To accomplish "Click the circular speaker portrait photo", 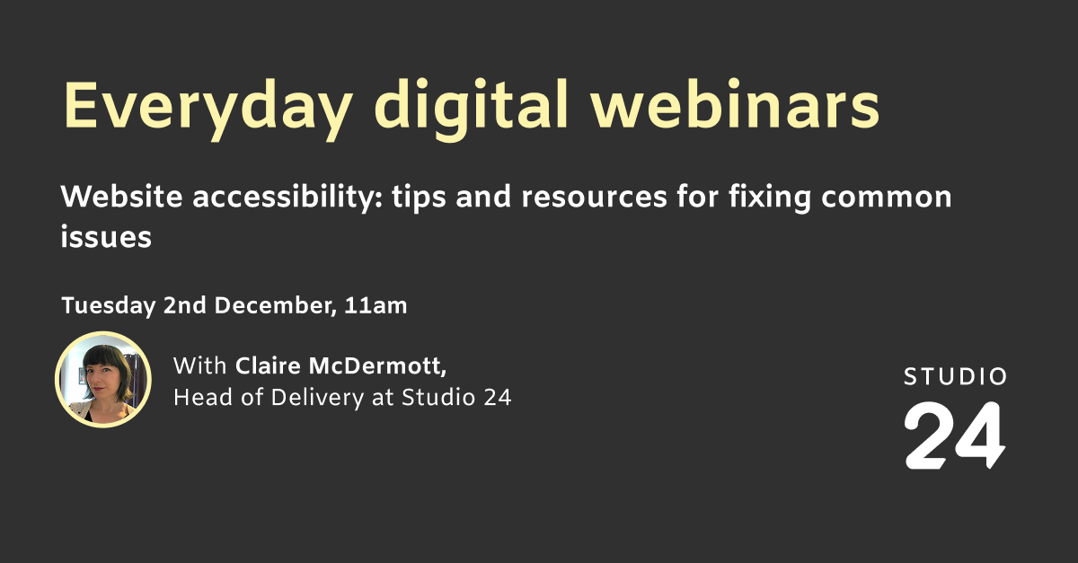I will tap(102, 380).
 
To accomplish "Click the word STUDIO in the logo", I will tap(955, 377).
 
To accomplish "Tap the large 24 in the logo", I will tap(954, 435).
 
